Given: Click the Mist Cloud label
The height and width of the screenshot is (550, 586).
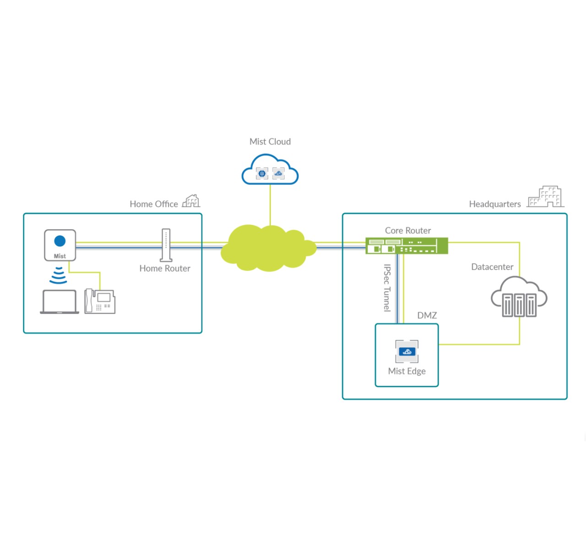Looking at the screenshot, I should pos(270,142).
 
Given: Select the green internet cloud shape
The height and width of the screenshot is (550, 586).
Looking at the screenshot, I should pos(268,248).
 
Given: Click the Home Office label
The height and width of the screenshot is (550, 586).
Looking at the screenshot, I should pos(154,204).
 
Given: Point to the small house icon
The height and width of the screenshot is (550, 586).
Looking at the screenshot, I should pos(191,201).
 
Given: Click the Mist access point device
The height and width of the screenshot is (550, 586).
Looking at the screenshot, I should pos(60,245).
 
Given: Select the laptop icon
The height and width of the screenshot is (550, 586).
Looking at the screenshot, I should pos(60,302).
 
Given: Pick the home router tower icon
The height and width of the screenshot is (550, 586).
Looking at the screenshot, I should pos(166,245).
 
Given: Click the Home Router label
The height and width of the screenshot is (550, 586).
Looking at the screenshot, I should pos(165,269).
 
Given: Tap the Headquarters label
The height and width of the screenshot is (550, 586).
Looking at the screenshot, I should pos(495,204).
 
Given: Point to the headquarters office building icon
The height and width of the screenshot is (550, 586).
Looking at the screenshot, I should pos(545,197).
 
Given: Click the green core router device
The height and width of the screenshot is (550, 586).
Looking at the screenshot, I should pos(407,246).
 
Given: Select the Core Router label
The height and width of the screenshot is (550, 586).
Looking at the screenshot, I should pos(408,231).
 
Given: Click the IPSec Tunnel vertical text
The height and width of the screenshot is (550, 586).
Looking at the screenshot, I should pos(387,288).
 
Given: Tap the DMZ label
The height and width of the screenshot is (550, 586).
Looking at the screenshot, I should pos(427,315).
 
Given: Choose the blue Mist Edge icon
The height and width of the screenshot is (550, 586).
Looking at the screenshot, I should pos(407,351).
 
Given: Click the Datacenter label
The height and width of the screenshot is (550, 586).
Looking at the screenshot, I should pos(492,267).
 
